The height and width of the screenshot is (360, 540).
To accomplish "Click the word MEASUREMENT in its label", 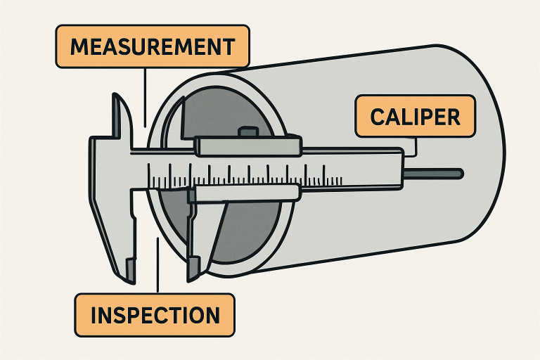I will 153,47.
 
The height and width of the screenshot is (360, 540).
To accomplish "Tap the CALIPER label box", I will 415,116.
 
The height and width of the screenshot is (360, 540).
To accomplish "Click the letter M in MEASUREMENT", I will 80,47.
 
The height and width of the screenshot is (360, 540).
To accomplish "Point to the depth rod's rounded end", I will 459,172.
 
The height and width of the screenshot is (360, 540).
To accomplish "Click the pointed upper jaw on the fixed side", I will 120,112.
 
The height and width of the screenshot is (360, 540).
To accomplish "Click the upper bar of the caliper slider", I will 250,146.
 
